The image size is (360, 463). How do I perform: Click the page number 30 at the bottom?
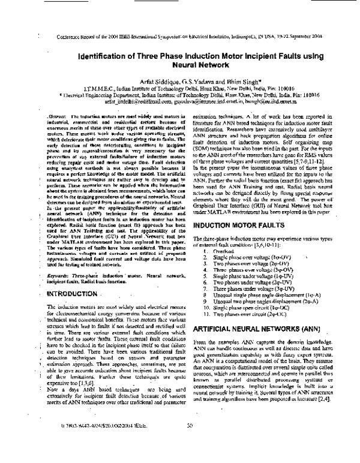(x=190, y=443)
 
